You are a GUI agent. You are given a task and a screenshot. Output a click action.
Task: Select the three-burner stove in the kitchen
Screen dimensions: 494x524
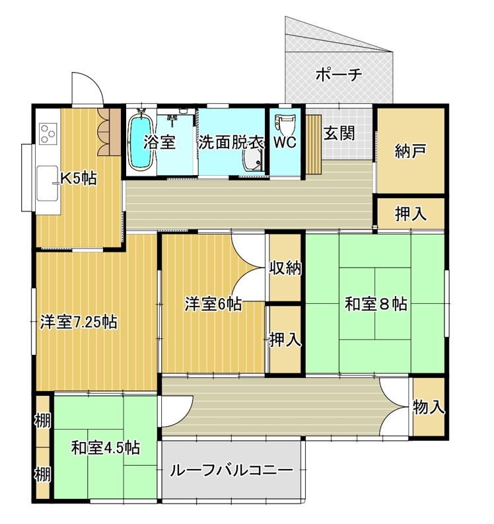pyautogui.click(x=48, y=133)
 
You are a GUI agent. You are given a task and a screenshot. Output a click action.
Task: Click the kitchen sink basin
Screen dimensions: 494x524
pyautogui.click(x=48, y=183)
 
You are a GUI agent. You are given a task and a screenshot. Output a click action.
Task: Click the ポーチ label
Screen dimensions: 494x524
pyautogui.click(x=339, y=75)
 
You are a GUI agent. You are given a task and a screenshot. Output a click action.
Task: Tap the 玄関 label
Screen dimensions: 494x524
pyautogui.click(x=339, y=133)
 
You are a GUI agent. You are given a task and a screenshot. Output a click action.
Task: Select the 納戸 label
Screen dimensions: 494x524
pyautogui.click(x=411, y=151)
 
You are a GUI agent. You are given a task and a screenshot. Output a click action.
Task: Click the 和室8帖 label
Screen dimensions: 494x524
pyautogui.click(x=376, y=304)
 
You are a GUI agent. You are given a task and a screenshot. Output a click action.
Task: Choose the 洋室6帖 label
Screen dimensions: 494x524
pyautogui.click(x=213, y=304)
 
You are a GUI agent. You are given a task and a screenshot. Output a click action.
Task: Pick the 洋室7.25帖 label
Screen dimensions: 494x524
pyautogui.click(x=79, y=322)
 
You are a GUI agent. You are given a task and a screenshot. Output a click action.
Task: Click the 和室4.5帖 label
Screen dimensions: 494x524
pyautogui.click(x=106, y=448)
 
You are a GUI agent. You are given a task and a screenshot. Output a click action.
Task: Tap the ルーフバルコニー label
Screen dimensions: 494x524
pyautogui.click(x=231, y=470)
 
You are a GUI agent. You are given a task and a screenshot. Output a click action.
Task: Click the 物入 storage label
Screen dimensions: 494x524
pyautogui.click(x=429, y=407)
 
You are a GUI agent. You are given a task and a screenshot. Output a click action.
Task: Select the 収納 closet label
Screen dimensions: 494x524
pyautogui.click(x=285, y=268)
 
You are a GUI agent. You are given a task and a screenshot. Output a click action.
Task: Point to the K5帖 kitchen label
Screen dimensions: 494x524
pyautogui.click(x=79, y=179)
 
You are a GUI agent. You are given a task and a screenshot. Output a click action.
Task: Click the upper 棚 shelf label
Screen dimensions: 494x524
pyautogui.click(x=43, y=420)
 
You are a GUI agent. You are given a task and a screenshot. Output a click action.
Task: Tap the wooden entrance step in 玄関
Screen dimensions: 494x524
pyautogui.click(x=314, y=144)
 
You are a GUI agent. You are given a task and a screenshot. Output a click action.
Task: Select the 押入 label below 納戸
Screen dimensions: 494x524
pyautogui.click(x=411, y=214)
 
